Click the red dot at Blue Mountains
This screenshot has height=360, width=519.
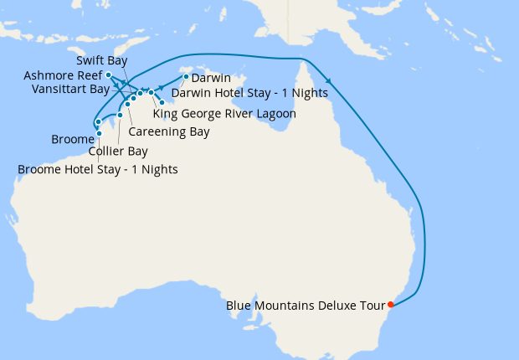click(391, 304)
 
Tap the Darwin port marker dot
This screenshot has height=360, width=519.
click(185, 77)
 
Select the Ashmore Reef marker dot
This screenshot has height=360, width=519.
click(109, 75)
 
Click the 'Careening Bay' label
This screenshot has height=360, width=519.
click(169, 132)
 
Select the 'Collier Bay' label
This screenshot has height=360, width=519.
click(118, 152)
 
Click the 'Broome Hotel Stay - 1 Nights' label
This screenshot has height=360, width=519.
click(97, 170)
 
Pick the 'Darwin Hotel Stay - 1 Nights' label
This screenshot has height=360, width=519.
click(237, 92)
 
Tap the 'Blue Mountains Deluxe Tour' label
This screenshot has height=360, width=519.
click(305, 306)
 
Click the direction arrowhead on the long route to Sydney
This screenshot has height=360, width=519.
click(328, 80)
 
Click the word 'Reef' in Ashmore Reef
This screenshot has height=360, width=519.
click(89, 75)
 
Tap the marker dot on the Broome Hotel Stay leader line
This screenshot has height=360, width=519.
click(99, 131)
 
